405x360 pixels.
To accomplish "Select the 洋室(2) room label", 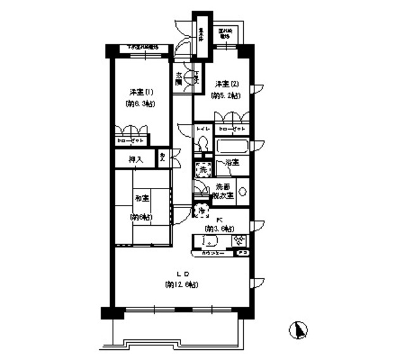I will [226, 84].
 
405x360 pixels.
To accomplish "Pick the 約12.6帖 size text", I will [182, 285].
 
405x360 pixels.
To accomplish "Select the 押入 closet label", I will [136, 160].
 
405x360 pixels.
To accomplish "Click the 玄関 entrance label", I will [180, 79].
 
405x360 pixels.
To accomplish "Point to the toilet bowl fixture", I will [202, 145].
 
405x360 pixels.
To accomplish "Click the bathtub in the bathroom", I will [232, 147].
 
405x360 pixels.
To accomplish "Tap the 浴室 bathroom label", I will [231, 163].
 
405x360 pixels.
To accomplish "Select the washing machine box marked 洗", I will [203, 169].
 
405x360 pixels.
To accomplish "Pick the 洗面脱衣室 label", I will [223, 191].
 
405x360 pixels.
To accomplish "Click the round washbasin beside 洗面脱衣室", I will [243, 191].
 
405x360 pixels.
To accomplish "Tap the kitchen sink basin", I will [208, 240].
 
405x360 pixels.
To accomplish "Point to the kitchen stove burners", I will [239, 240].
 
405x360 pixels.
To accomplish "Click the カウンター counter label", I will [213, 252].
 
